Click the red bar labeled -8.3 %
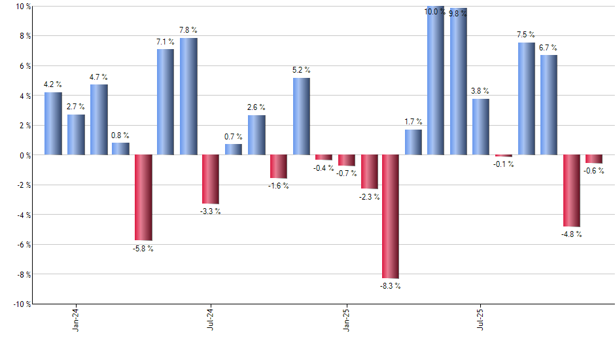click(x=391, y=216)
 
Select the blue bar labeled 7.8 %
click(x=188, y=96)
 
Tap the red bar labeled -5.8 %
click(x=143, y=198)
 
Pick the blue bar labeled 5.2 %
click(x=301, y=116)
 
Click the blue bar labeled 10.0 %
click(x=436, y=81)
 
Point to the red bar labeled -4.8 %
click(x=571, y=190)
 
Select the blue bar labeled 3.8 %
click(x=481, y=126)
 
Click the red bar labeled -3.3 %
click(x=211, y=179)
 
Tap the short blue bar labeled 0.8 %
click(x=120, y=149)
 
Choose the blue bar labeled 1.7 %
click(x=413, y=142)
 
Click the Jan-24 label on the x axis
click(x=76, y=319)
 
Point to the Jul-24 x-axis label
click(x=211, y=319)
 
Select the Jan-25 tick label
click(x=346, y=319)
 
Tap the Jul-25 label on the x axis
click(x=481, y=319)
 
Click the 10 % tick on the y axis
click(x=24, y=7)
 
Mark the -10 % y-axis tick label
click(x=22, y=304)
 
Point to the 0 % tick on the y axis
click(x=26, y=155)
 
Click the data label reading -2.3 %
click(x=369, y=196)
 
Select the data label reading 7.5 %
click(x=525, y=35)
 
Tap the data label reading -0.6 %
click(x=595, y=171)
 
